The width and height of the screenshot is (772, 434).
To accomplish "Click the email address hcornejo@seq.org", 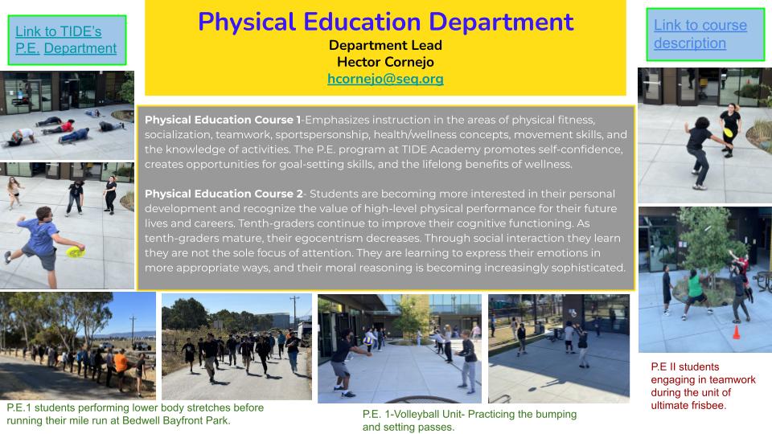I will [385, 79].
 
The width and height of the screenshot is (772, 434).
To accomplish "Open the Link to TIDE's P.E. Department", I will [66, 40].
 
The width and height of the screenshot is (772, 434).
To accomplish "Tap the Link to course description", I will [700, 34].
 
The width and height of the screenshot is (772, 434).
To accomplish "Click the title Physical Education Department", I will [385, 22].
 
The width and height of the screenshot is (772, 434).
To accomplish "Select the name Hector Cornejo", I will [385, 61].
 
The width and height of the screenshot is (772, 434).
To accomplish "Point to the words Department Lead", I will [385, 45].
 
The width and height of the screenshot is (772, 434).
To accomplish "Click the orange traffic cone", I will [735, 331].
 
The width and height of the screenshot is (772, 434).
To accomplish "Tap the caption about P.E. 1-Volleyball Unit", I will [469, 420].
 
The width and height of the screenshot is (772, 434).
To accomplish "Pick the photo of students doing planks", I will [67, 115].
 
